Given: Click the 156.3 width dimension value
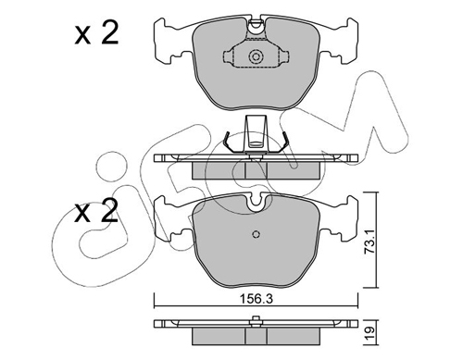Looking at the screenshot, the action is (x=257, y=299).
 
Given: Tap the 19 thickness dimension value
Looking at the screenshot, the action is (x=370, y=333).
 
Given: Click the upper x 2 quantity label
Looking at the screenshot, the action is (x=96, y=32).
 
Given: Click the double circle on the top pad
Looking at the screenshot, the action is (x=256, y=56).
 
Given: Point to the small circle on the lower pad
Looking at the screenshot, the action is (x=256, y=234).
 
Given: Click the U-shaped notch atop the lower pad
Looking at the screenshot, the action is (x=256, y=201).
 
